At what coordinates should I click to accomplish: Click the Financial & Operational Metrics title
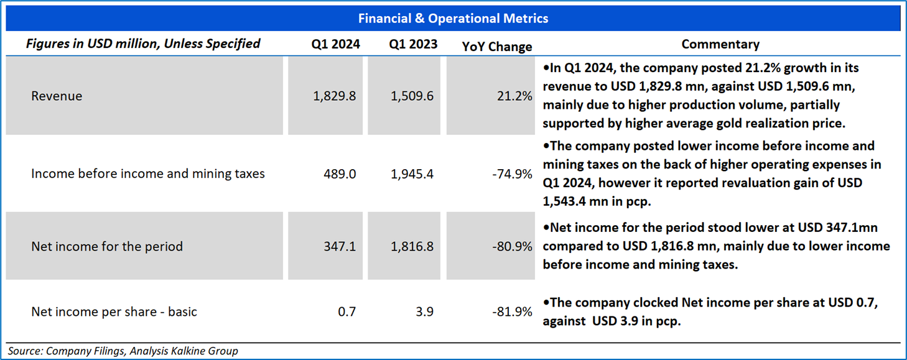tap(453, 18)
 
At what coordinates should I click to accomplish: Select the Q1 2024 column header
tap(336, 44)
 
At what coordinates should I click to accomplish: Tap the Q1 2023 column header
tap(413, 44)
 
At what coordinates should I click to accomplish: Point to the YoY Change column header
tap(497, 47)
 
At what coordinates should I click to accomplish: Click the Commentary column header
tap(720, 44)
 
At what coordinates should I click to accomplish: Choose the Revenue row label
tap(57, 96)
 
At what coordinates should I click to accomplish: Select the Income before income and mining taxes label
tap(148, 174)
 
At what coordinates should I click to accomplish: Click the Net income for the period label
tap(107, 247)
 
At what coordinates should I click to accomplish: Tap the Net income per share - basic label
tap(114, 312)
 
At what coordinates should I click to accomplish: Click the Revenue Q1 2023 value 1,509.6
tap(412, 96)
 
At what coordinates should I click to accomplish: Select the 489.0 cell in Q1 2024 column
tap(341, 174)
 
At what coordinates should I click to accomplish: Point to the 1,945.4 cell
tap(412, 174)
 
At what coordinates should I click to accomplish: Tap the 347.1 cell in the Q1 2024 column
tap(341, 247)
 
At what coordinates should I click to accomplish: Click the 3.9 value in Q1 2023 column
tap(424, 312)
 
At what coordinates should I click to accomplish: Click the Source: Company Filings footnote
tap(123, 351)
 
